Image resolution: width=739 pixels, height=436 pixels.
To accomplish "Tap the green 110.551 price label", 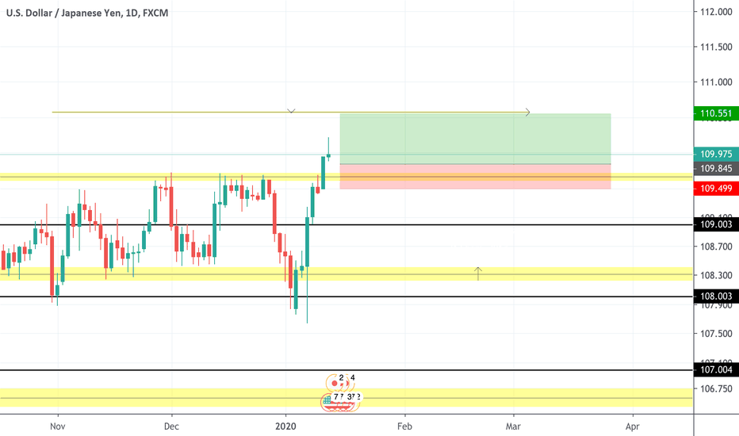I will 714,113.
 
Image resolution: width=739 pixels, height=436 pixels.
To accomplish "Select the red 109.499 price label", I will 714,189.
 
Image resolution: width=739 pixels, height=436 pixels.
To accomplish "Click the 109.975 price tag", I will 714,155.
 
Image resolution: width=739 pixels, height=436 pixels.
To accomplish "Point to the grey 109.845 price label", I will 714,169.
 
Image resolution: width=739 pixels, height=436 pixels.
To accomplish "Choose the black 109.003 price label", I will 714,225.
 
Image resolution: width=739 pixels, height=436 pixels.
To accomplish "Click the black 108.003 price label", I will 714,296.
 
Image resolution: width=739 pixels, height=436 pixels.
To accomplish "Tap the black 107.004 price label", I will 714,369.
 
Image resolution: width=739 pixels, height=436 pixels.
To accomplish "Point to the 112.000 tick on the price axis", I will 715,12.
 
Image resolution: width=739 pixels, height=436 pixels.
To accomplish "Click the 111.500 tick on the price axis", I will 715,48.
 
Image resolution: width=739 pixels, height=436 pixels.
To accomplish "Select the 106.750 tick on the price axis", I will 715,388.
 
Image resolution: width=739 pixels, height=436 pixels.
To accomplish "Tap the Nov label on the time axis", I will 57,425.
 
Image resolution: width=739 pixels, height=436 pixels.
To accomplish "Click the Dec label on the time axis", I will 171,425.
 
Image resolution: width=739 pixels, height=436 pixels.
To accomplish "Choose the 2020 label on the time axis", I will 286,425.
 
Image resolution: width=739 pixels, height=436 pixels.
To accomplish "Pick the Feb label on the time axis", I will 404,425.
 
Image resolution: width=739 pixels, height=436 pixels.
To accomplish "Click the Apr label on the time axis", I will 632,425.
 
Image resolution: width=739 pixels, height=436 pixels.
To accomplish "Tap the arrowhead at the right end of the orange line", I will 526,113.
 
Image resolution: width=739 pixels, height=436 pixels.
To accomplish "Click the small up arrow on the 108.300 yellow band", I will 478,273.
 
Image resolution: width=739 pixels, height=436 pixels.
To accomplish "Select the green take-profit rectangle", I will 475,139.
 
